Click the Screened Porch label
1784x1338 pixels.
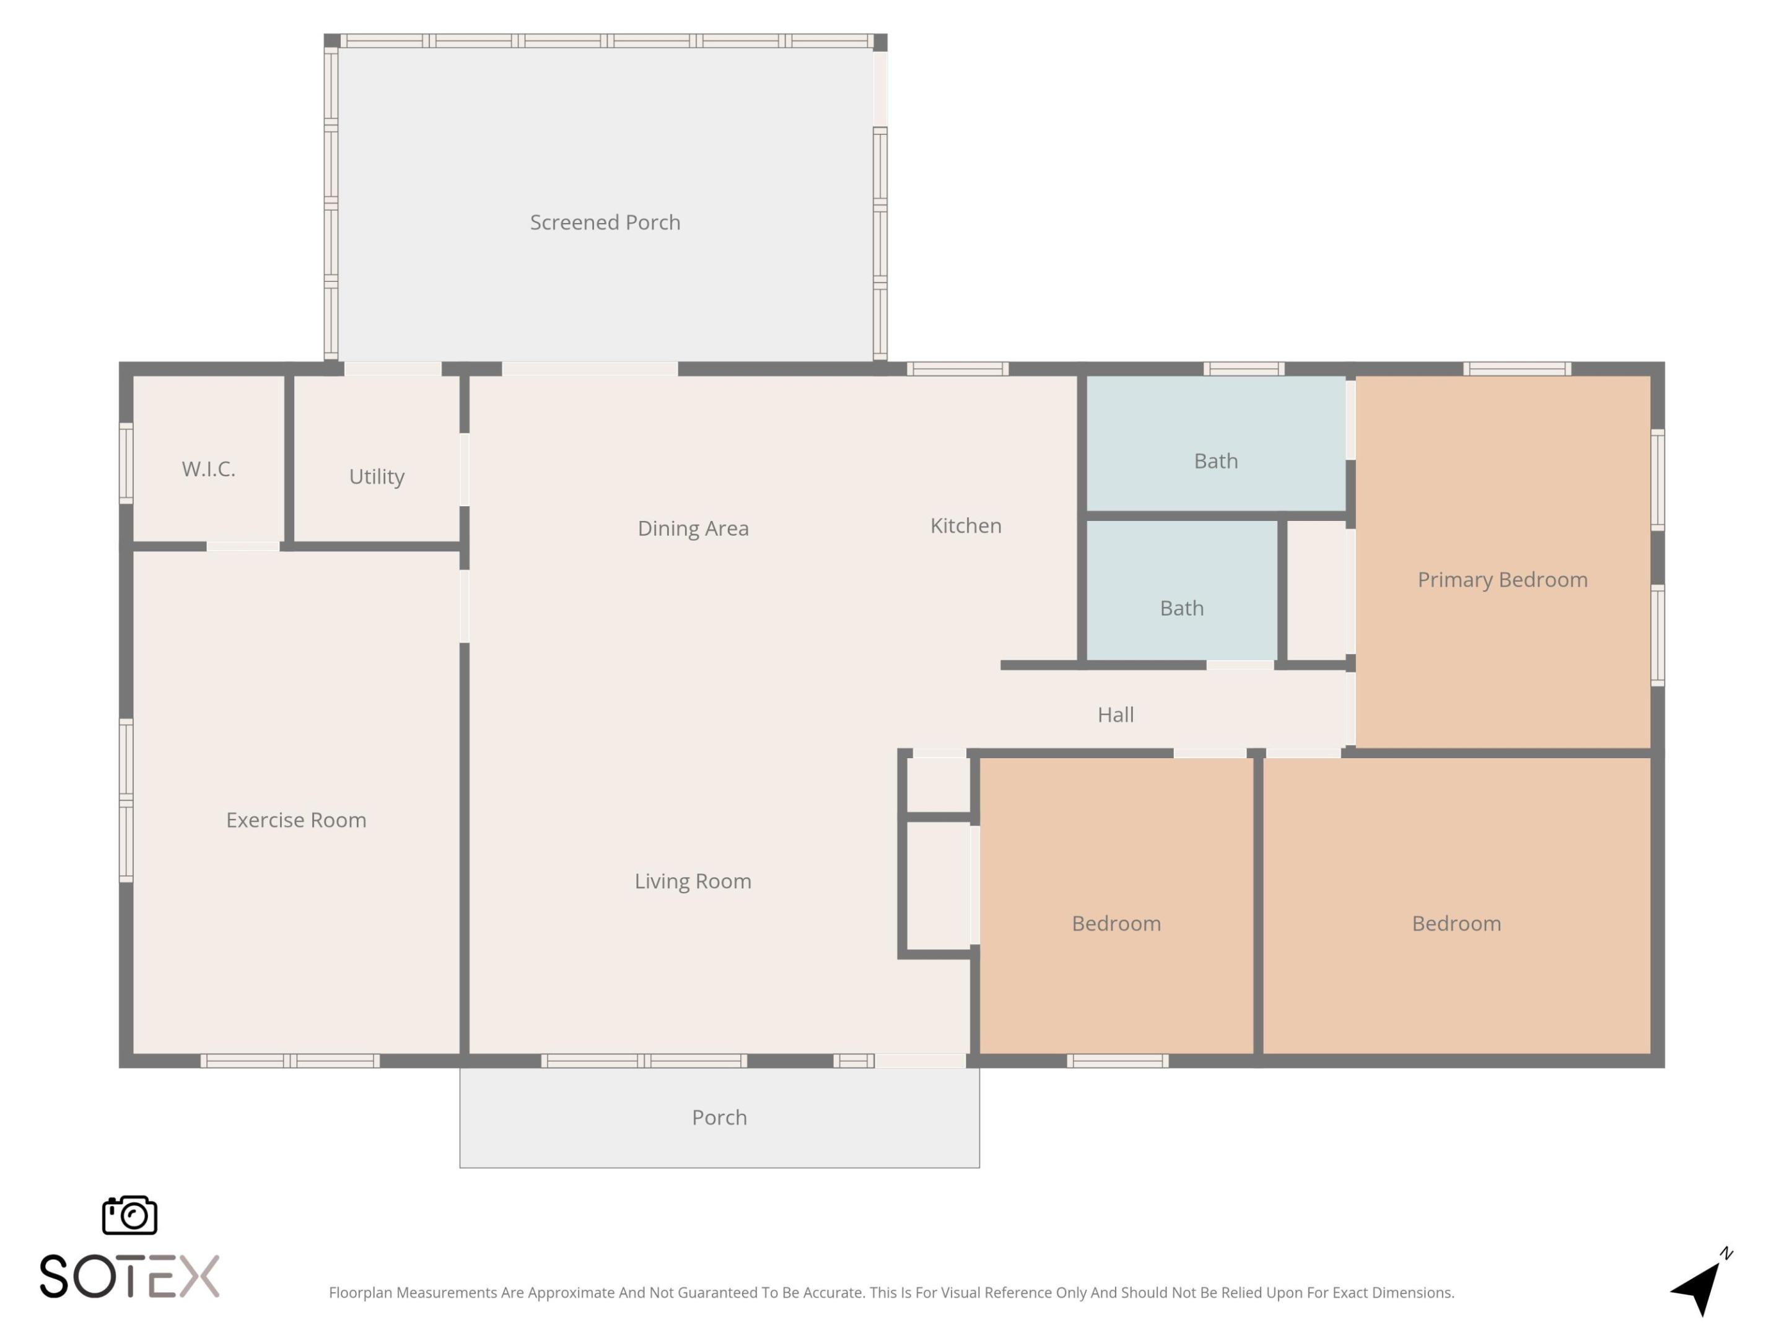tap(605, 222)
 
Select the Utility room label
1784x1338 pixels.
tap(377, 476)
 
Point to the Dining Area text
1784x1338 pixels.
tap(693, 528)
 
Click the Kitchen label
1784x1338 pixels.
tap(965, 526)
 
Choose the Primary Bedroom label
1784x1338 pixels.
tap(1502, 580)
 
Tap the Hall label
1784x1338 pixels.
tap(1116, 715)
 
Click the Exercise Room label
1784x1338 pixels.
tap(296, 820)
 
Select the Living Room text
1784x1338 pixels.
tap(693, 881)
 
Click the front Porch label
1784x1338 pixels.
tap(719, 1118)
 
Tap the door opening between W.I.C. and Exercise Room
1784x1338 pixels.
tap(243, 547)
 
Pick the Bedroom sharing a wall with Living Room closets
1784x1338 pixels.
tap(1116, 924)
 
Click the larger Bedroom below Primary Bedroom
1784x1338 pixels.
tap(1456, 924)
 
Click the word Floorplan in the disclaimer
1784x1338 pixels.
tap(360, 1293)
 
